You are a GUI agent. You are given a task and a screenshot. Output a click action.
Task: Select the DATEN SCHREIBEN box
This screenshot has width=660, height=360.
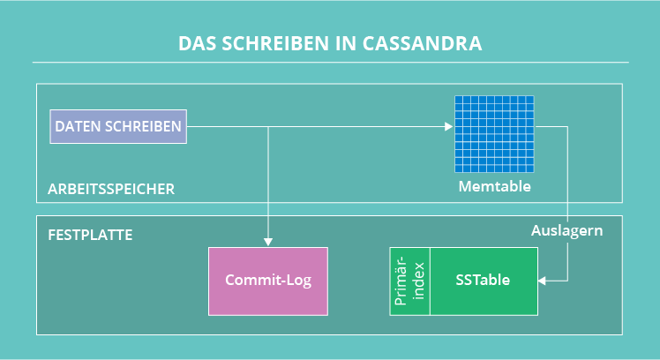pos(118,126)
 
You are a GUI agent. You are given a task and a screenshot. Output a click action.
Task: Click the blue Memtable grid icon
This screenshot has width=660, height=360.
pos(495,133)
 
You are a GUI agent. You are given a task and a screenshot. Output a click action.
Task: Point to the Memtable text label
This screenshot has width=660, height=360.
pos(495,187)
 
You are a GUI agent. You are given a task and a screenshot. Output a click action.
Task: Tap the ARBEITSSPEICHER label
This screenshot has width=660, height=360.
pos(111,189)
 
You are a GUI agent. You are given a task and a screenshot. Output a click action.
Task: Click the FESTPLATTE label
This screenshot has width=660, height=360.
pos(90,236)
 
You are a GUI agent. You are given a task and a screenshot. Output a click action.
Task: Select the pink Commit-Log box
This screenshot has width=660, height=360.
pos(267,281)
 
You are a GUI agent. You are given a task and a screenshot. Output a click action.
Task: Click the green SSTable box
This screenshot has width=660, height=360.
pos(484,281)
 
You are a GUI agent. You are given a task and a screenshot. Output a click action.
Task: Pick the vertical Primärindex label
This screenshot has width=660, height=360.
pos(410,281)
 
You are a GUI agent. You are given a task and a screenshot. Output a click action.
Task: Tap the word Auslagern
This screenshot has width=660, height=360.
pos(566,231)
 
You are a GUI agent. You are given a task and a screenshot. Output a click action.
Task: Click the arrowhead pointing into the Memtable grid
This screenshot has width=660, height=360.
pos(449,126)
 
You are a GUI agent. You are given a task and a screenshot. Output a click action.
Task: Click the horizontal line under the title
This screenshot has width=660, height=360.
pos(330,63)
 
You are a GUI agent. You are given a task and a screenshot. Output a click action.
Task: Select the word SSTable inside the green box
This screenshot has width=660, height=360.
pos(484,281)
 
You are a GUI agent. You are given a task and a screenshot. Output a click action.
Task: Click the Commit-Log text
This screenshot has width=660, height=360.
pos(267,281)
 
